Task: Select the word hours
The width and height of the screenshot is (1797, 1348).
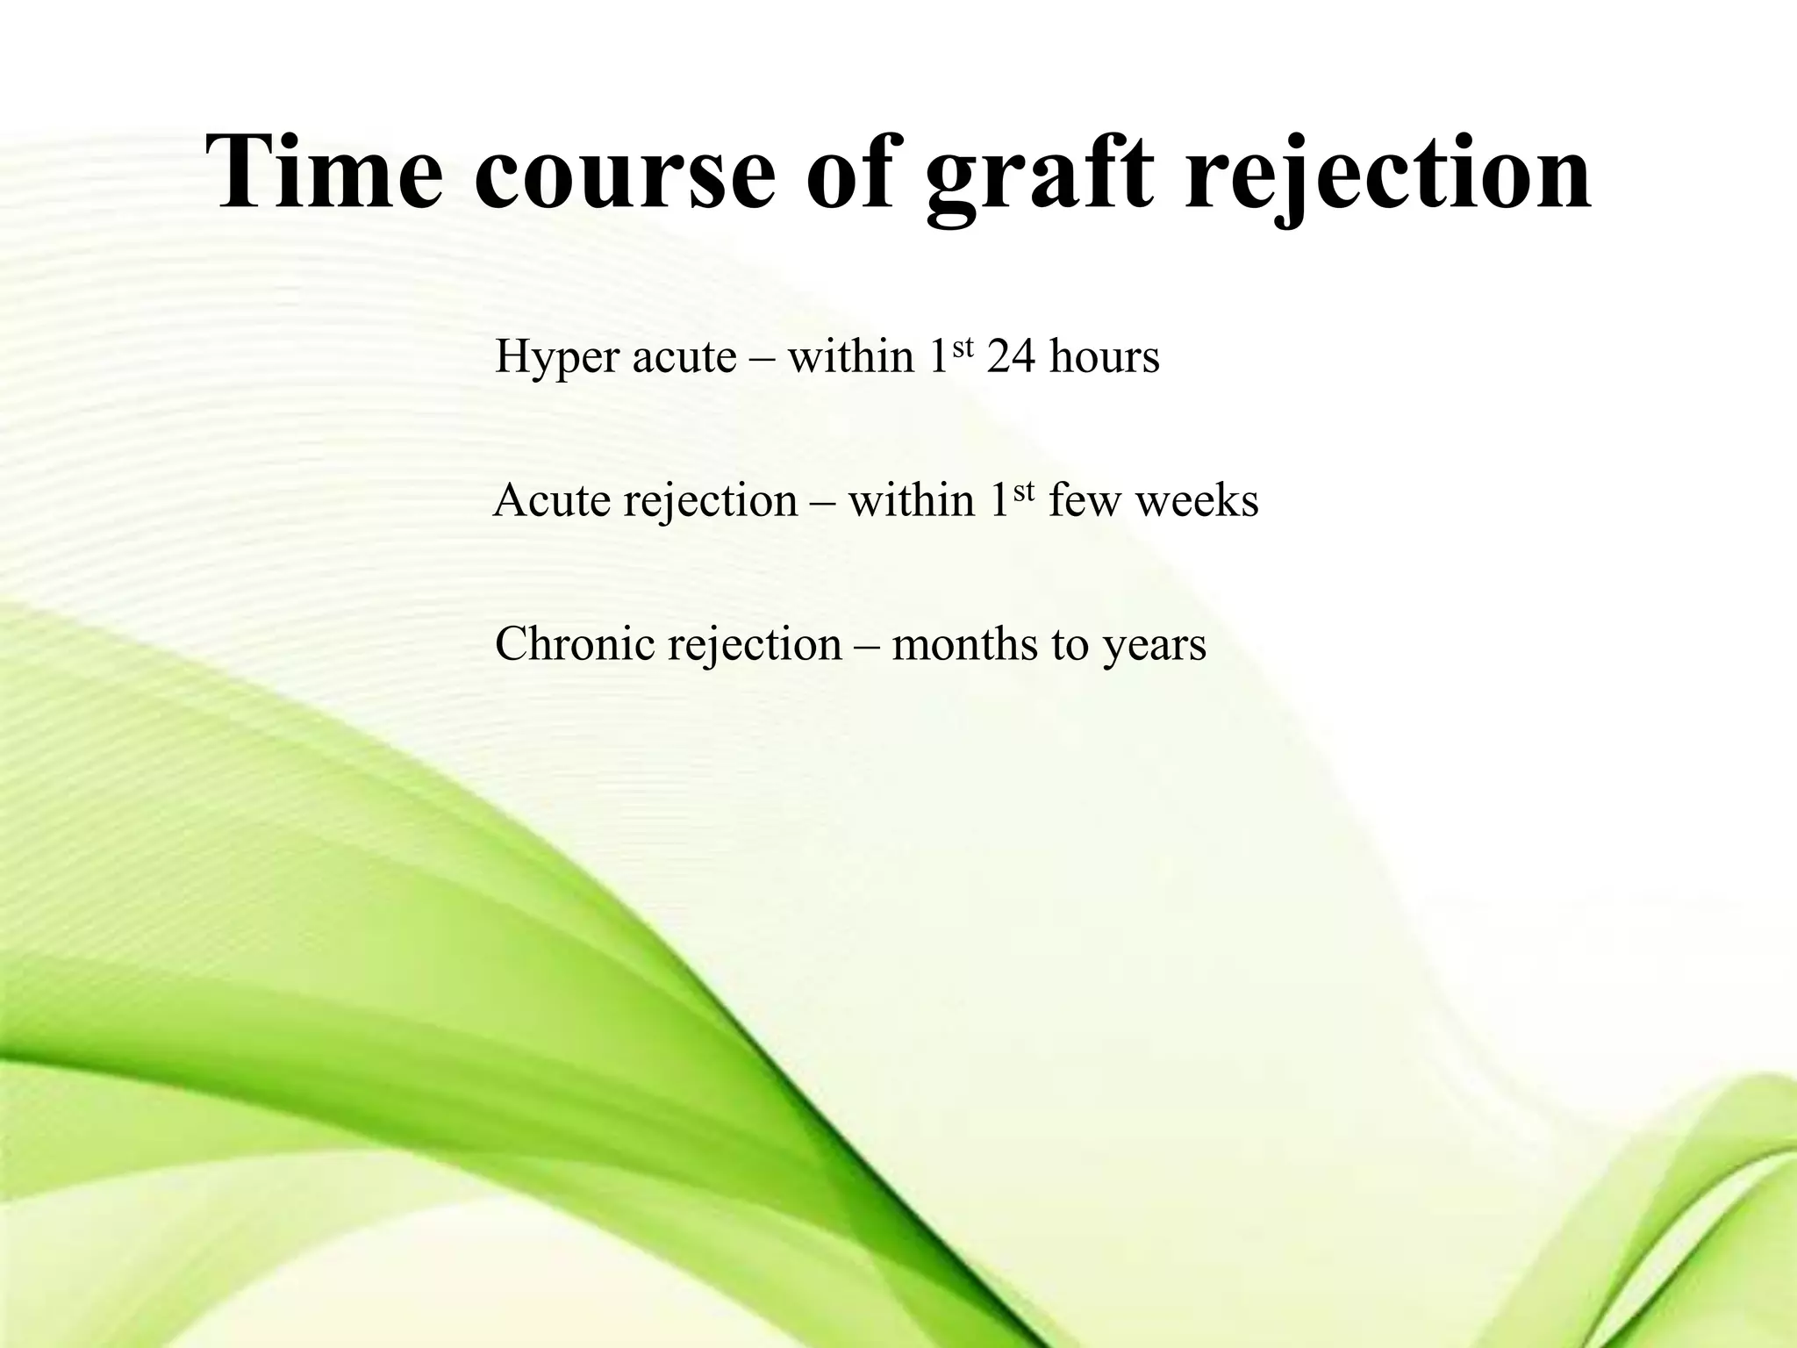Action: pyautogui.click(x=1105, y=357)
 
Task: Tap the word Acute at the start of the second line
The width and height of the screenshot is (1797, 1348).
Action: pyautogui.click(x=552, y=501)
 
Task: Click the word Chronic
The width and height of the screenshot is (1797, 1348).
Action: pyautogui.click(x=575, y=643)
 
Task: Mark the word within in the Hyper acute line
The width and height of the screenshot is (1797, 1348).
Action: pyautogui.click(x=851, y=357)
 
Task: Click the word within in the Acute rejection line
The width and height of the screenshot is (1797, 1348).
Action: pyautogui.click(x=912, y=501)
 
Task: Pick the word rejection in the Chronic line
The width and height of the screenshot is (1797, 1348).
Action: pyautogui.click(x=755, y=645)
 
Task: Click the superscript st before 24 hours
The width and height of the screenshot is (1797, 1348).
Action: pyautogui.click(x=963, y=347)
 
